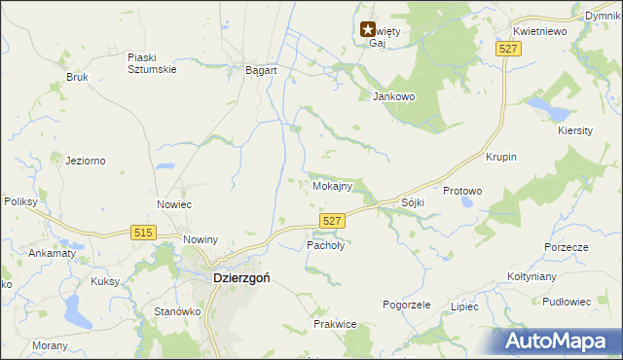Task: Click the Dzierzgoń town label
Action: point(240,276)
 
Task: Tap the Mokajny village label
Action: point(332,185)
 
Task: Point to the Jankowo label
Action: point(394,96)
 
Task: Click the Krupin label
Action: point(500,157)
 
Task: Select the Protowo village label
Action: point(462,192)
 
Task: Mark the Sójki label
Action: point(413,202)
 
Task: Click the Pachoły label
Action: point(326,245)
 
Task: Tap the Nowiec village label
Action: point(174,204)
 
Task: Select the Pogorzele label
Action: point(407,305)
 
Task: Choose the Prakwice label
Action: point(334,323)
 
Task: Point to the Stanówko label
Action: point(177,312)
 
